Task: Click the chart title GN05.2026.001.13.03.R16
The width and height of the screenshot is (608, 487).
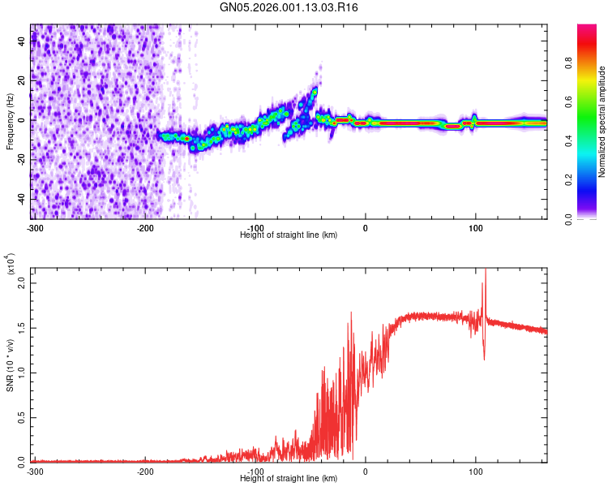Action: point(289,7)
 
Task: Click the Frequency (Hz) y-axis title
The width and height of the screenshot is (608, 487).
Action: point(10,121)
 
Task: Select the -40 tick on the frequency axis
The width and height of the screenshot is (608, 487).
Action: point(21,199)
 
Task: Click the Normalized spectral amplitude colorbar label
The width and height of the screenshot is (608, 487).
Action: point(602,122)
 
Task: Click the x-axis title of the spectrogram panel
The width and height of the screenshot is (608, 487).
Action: point(289,235)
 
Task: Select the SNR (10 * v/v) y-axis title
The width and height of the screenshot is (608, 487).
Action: point(10,364)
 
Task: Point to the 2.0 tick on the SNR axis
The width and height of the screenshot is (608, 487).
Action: point(22,284)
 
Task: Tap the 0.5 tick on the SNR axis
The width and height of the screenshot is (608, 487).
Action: point(22,416)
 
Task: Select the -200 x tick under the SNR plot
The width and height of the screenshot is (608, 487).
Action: point(146,471)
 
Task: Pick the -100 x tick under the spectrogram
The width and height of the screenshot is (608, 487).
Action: point(256,227)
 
